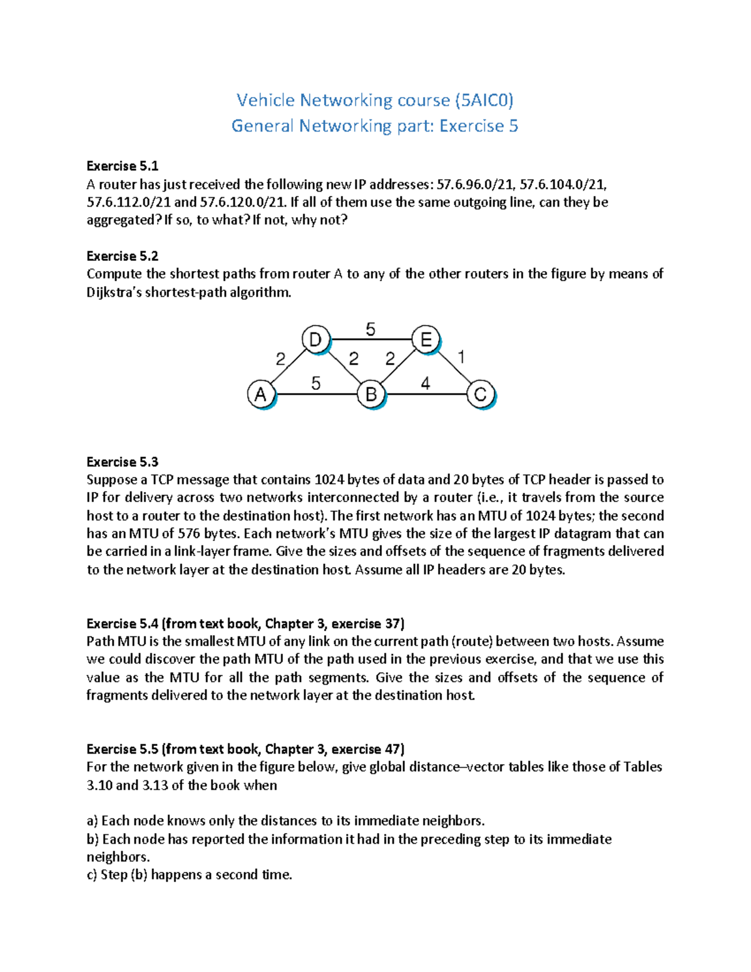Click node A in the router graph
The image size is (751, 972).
261,395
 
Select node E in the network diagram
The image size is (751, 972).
426,340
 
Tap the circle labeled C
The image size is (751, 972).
480,395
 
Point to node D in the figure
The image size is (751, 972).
315,340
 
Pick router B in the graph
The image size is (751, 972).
371,395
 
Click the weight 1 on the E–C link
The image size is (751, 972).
461,357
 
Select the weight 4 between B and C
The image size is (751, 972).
426,383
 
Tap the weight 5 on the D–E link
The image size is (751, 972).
370,329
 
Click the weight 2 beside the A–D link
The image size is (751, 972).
280,359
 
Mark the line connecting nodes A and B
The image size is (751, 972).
316,394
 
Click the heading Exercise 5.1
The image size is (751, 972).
122,166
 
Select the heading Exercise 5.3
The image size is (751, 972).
122,462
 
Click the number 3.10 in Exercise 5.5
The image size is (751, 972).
100,785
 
